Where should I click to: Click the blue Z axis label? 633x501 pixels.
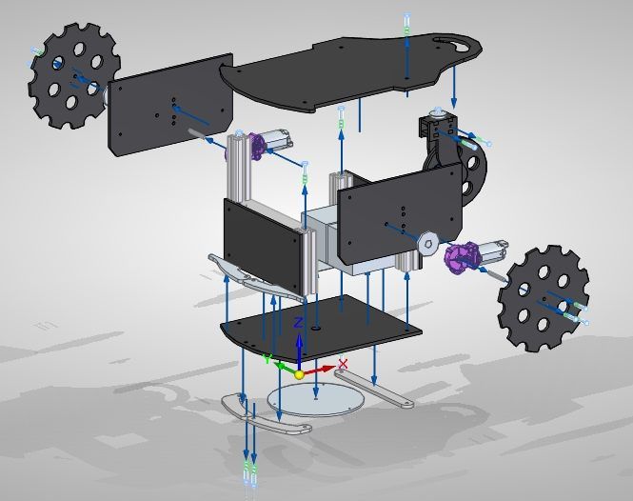point(298,323)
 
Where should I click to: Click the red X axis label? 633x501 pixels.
point(343,364)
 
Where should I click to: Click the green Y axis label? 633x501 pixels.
point(267,359)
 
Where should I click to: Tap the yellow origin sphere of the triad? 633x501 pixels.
point(299,374)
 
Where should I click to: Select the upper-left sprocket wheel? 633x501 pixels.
point(74,75)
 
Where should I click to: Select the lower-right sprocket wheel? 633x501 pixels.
point(544,298)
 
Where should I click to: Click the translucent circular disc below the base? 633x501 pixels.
point(316,399)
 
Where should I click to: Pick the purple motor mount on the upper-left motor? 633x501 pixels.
point(256,147)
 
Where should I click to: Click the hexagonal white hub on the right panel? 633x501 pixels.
point(428,243)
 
